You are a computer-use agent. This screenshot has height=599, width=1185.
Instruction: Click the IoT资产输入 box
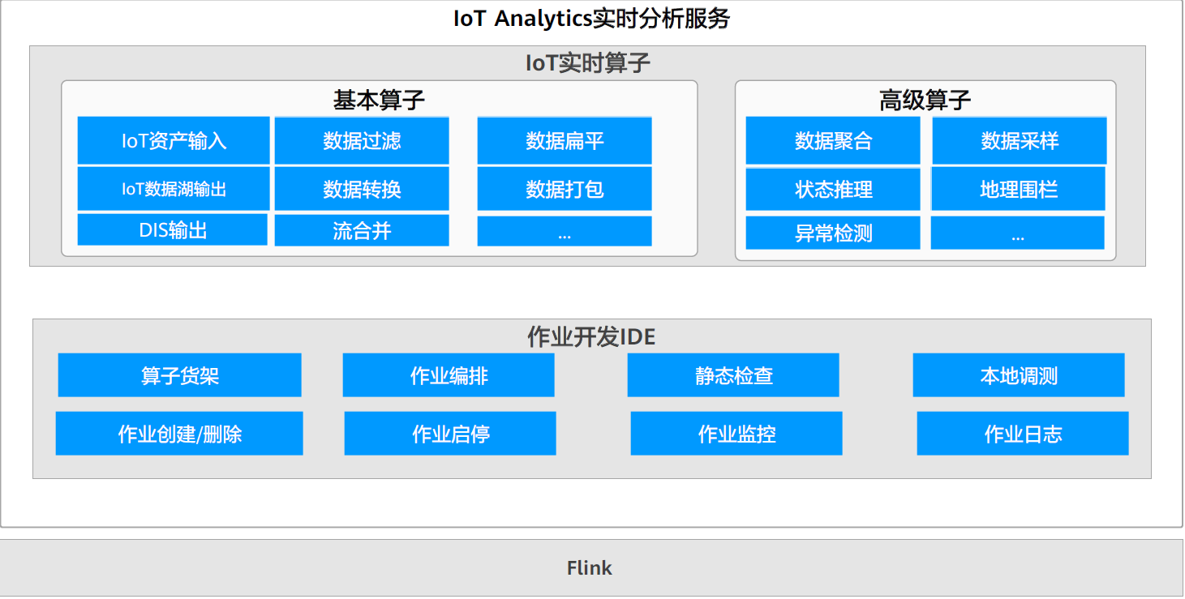[x=174, y=141]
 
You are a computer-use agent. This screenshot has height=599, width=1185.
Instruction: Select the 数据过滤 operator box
[x=362, y=141]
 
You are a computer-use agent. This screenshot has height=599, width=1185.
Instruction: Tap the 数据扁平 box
[x=565, y=141]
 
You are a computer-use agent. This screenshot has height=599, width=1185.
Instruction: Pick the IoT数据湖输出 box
[x=174, y=189]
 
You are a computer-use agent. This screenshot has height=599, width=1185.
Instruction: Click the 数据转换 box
[x=362, y=189]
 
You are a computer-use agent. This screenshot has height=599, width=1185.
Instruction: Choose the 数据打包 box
[x=565, y=189]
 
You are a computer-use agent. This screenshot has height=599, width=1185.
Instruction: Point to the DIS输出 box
[x=173, y=230]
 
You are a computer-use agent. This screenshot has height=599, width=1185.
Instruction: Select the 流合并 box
[x=362, y=231]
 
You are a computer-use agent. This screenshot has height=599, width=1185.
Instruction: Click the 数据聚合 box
[x=833, y=141]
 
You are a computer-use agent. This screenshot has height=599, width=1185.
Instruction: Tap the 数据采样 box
[x=1020, y=141]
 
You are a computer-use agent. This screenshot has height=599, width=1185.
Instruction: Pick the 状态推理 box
[x=833, y=189]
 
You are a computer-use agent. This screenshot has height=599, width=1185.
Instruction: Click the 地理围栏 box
[x=1018, y=189]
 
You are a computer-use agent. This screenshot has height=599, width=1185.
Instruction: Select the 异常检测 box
[x=833, y=233]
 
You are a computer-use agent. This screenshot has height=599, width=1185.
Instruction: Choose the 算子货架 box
[x=179, y=375]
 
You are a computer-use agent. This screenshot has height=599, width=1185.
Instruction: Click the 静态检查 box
[x=733, y=375]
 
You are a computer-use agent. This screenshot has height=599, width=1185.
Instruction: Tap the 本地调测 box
[x=1019, y=375]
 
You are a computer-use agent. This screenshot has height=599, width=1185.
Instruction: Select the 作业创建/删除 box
[x=179, y=434]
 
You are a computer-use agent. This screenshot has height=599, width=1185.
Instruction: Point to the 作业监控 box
[x=736, y=434]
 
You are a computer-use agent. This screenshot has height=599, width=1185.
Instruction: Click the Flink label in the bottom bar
[x=590, y=568]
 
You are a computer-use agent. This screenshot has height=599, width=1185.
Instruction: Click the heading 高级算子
[x=925, y=101]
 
